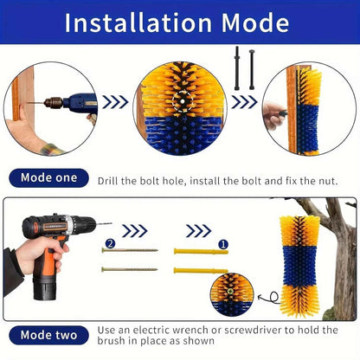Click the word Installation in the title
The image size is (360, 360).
138,22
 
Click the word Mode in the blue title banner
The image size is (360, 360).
255,22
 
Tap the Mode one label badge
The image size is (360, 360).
48,178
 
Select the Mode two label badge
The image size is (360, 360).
48,335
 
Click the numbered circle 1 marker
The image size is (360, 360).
223,245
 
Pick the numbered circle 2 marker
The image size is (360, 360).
110,244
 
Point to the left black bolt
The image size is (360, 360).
237,68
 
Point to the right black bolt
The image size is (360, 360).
252,69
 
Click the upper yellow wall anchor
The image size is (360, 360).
201,252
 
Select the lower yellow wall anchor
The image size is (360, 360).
201,271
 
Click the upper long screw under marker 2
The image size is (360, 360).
130,250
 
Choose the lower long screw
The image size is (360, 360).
130,269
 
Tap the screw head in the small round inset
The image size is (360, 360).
230,291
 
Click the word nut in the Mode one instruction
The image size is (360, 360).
328,181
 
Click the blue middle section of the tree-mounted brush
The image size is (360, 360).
300,266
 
